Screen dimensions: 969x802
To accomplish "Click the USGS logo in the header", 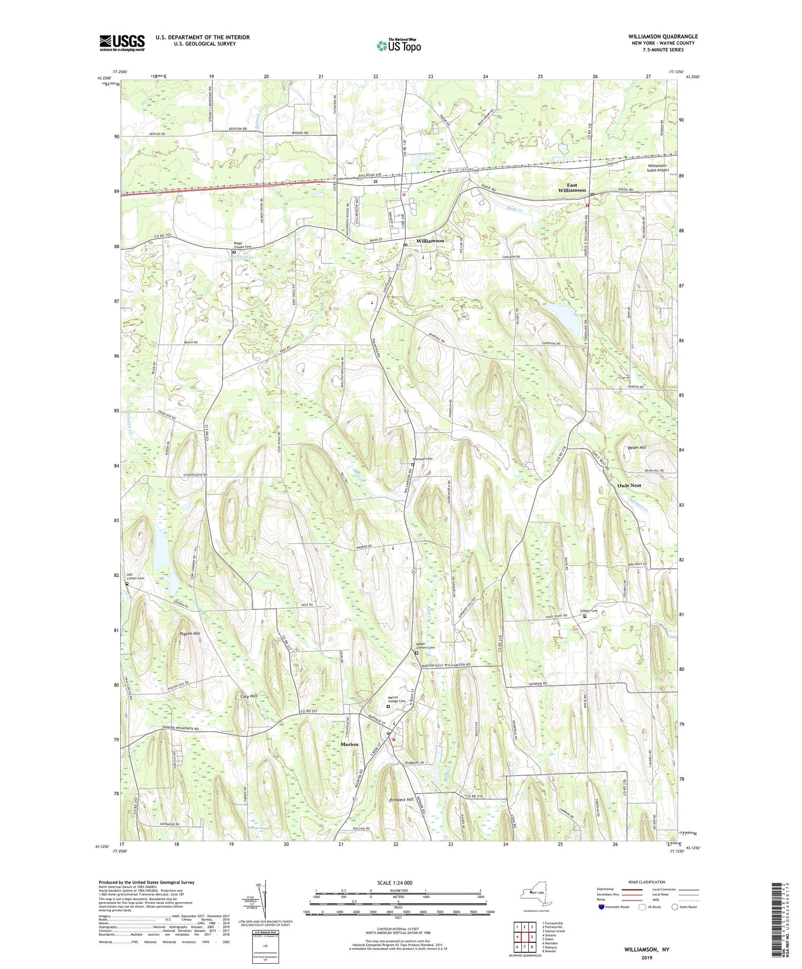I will click(122, 43).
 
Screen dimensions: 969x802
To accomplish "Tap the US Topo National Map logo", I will click(398, 45).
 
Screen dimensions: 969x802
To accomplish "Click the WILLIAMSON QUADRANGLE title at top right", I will click(662, 36).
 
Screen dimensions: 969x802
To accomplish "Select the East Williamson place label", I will click(572, 188).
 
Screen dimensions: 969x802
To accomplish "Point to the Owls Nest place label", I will click(629, 485).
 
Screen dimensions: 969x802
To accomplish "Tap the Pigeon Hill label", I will click(190, 633).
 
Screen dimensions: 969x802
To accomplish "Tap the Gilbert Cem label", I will click(589, 610).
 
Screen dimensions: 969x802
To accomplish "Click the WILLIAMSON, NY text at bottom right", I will click(646, 949).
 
